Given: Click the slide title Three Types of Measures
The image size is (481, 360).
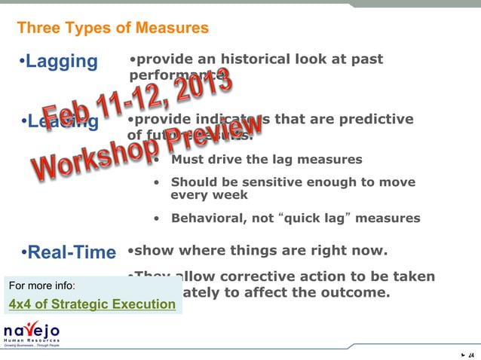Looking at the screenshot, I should (112, 29).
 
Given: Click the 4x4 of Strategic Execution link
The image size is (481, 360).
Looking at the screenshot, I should (91, 304).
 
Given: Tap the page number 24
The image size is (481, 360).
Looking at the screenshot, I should (471, 355).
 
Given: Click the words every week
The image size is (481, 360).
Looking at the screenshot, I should (210, 195).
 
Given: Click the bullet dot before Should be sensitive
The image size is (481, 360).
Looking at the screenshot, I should (156, 183).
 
